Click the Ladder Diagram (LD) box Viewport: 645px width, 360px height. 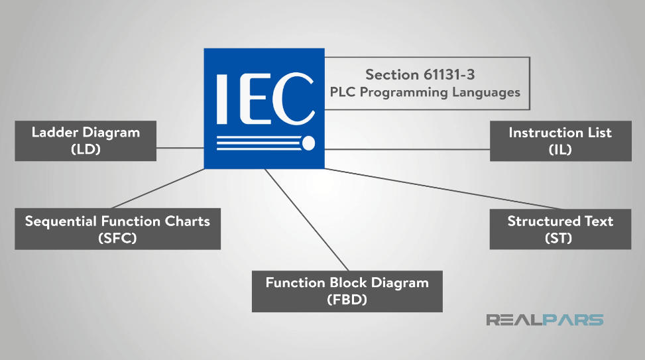point(86,141)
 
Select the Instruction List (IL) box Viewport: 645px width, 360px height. point(560,141)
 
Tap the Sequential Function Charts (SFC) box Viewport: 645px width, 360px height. point(117,229)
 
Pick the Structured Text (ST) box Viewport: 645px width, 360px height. point(560,229)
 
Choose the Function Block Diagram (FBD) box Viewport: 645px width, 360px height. point(347,291)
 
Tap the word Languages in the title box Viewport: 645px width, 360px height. point(486,92)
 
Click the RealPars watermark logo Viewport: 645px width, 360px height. point(545,320)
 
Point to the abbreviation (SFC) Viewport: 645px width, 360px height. point(117,238)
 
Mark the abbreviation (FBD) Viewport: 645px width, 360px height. point(347,300)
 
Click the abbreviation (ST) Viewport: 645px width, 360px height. point(560,238)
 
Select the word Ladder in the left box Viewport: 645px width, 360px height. point(53,132)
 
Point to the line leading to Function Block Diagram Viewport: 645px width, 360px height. point(298,219)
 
